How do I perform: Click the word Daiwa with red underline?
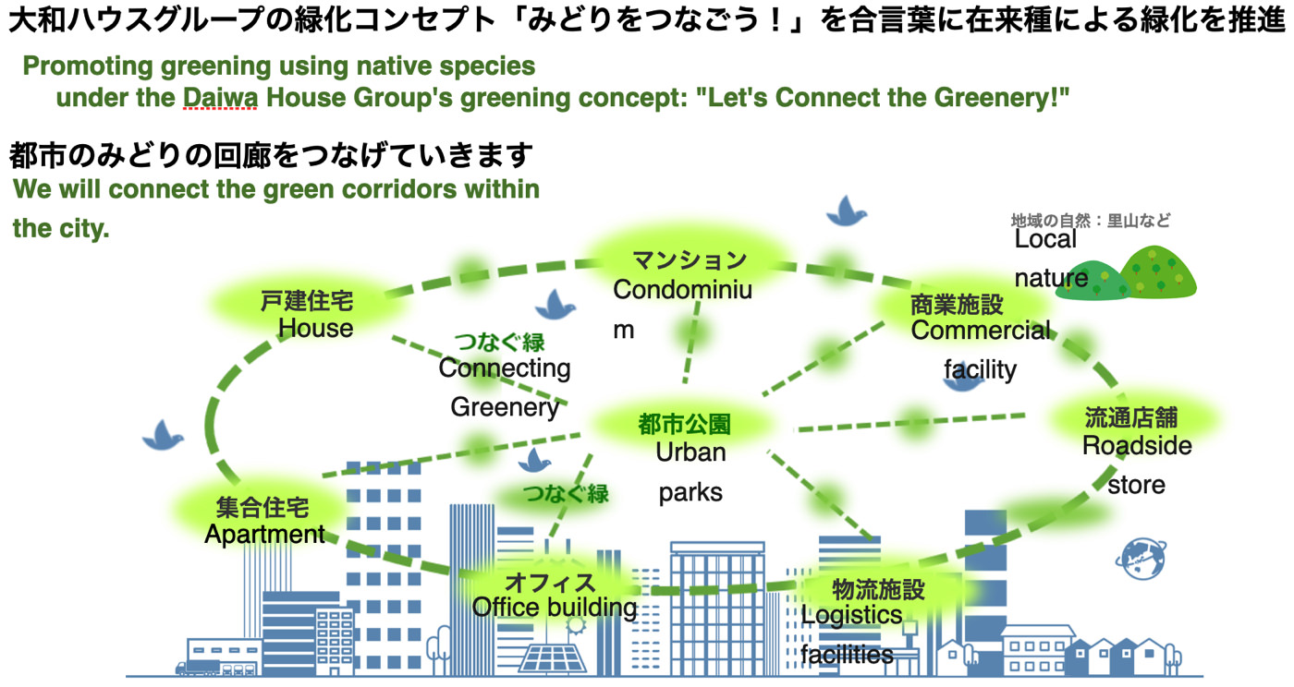pyautogui.click(x=220, y=97)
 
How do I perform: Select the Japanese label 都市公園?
pyautogui.click(x=685, y=425)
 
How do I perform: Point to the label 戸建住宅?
pyautogui.click(x=307, y=301)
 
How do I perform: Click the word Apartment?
pyautogui.click(x=264, y=534)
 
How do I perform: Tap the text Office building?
pyautogui.click(x=554, y=608)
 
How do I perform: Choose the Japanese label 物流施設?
pyautogui.click(x=879, y=589)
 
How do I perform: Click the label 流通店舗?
pyautogui.click(x=1131, y=417)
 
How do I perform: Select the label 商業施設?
pyautogui.click(x=957, y=305)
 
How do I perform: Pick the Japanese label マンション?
pyautogui.click(x=690, y=260)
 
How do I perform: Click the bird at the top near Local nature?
pyautogui.click(x=846, y=211)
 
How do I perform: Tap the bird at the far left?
pyautogui.click(x=163, y=435)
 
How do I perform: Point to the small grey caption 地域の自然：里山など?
pyautogui.click(x=1090, y=220)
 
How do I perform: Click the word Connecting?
pyautogui.click(x=505, y=368)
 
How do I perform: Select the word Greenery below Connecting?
pyautogui.click(x=505, y=407)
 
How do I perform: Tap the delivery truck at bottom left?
pyautogui.click(x=198, y=668)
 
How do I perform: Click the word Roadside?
pyautogui.click(x=1136, y=446)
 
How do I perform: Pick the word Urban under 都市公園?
pyautogui.click(x=690, y=452)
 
